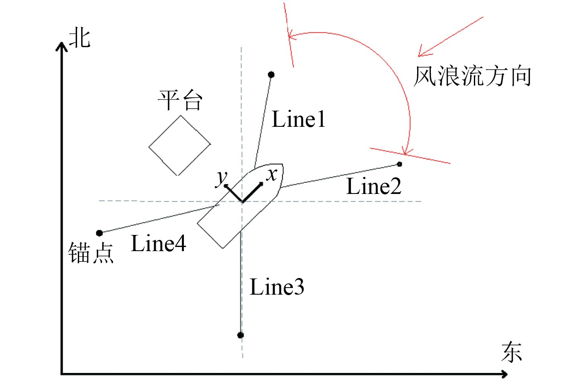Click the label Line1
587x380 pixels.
click(x=298, y=119)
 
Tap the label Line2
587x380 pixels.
click(x=374, y=186)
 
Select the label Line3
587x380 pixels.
click(x=277, y=287)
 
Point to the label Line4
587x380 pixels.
click(x=158, y=244)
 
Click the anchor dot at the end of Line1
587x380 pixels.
click(x=271, y=75)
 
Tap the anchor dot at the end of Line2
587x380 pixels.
click(x=399, y=164)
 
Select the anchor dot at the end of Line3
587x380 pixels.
click(x=241, y=335)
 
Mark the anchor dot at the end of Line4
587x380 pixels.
click(x=99, y=233)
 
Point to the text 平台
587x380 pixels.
click(x=180, y=100)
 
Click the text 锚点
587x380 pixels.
click(x=91, y=253)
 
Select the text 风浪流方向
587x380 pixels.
click(x=472, y=76)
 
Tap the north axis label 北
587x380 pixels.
click(x=80, y=38)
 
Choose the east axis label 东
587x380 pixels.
click(x=512, y=352)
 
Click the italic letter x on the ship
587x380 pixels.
click(x=272, y=174)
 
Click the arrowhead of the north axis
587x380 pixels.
click(x=62, y=45)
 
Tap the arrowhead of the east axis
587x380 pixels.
click(x=505, y=374)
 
